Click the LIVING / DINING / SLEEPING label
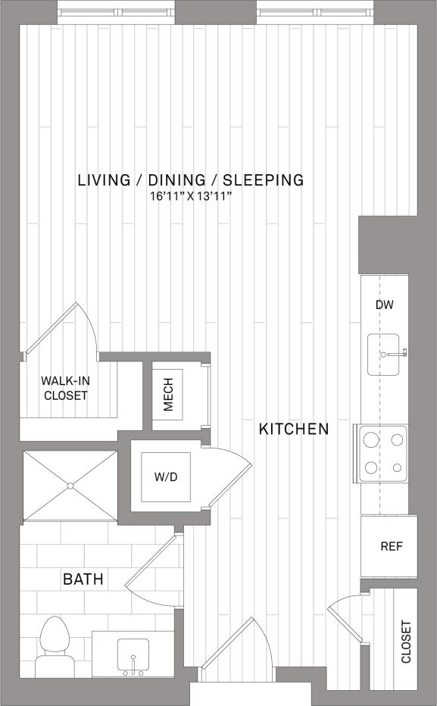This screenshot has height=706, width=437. (191, 180)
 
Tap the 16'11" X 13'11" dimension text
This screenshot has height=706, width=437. (191, 197)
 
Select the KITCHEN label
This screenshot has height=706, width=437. (294, 430)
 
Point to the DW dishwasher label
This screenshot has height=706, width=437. (385, 305)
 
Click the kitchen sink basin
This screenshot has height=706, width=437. (387, 354)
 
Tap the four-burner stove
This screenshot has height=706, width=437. (383, 453)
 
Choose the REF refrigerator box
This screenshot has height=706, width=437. (390, 545)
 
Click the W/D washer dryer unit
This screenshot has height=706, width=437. (166, 476)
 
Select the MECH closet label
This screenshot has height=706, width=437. (168, 395)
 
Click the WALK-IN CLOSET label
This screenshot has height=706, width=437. (66, 389)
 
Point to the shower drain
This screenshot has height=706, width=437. (70, 486)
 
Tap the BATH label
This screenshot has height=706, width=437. (83, 580)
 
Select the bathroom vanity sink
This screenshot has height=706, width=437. (133, 656)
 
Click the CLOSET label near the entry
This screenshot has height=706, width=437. (406, 642)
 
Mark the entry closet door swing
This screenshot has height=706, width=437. (345, 612)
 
